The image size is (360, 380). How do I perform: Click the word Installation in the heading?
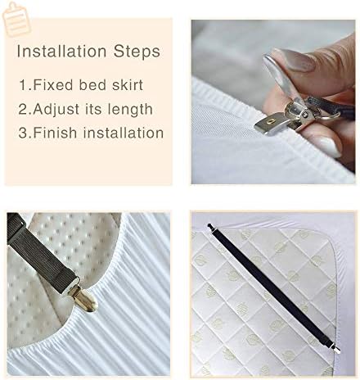pyautogui.click(x=61, y=51)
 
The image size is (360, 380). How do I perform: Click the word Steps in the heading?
pyautogui.click(x=137, y=52)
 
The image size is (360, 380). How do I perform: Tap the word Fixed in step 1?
pyautogui.click(x=53, y=84)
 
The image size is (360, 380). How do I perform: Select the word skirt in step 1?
pyautogui.click(x=128, y=84)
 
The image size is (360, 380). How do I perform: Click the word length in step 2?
pyautogui.click(x=130, y=110)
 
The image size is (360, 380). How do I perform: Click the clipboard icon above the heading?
pyautogui.click(x=16, y=19)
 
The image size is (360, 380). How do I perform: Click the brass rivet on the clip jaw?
pyautogui.click(x=272, y=120)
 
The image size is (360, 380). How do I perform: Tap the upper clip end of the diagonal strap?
pyautogui.click(x=210, y=227)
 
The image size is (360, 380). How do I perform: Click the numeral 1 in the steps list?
pyautogui.click(x=23, y=85)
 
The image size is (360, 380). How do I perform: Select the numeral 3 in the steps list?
pyautogui.click(x=23, y=133)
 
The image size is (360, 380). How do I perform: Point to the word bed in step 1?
pyautogui.click(x=92, y=84)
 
